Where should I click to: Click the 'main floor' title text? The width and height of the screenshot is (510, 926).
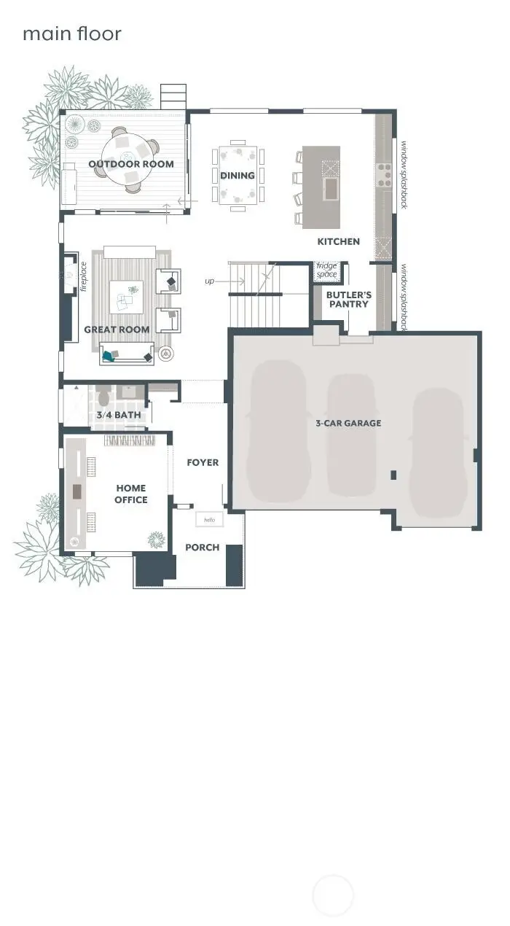pyautogui.click(x=72, y=34)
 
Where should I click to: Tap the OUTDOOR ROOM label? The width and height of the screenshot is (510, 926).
pyautogui.click(x=131, y=164)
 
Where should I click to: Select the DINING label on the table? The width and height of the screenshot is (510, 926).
pyautogui.click(x=238, y=175)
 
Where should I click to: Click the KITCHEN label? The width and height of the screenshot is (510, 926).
pyautogui.click(x=338, y=241)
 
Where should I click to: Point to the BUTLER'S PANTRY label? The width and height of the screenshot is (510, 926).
pyautogui.click(x=348, y=300)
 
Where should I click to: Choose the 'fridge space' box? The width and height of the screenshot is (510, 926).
pyautogui.click(x=326, y=270)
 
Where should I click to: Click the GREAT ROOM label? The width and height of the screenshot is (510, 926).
pyautogui.click(x=117, y=330)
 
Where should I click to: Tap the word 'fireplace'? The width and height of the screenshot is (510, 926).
pyautogui.click(x=83, y=278)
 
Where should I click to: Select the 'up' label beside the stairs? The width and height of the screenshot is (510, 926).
pyautogui.click(x=210, y=281)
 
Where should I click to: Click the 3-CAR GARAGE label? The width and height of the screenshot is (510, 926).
pyautogui.click(x=348, y=423)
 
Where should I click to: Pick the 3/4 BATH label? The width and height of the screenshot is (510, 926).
pyautogui.click(x=118, y=416)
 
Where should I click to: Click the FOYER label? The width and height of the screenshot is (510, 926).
pyautogui.click(x=203, y=462)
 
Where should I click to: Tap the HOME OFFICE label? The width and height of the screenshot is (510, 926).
pyautogui.click(x=130, y=494)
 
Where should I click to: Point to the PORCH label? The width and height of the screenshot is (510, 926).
pyautogui.click(x=202, y=547)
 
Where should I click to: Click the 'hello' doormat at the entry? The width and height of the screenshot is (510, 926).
pyautogui.click(x=210, y=519)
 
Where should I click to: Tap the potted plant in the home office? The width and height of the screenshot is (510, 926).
pyautogui.click(x=156, y=540)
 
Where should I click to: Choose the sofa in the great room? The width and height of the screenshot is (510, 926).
pyautogui.click(x=127, y=354)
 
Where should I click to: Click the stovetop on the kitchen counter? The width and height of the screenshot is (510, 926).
pyautogui.click(x=383, y=175)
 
